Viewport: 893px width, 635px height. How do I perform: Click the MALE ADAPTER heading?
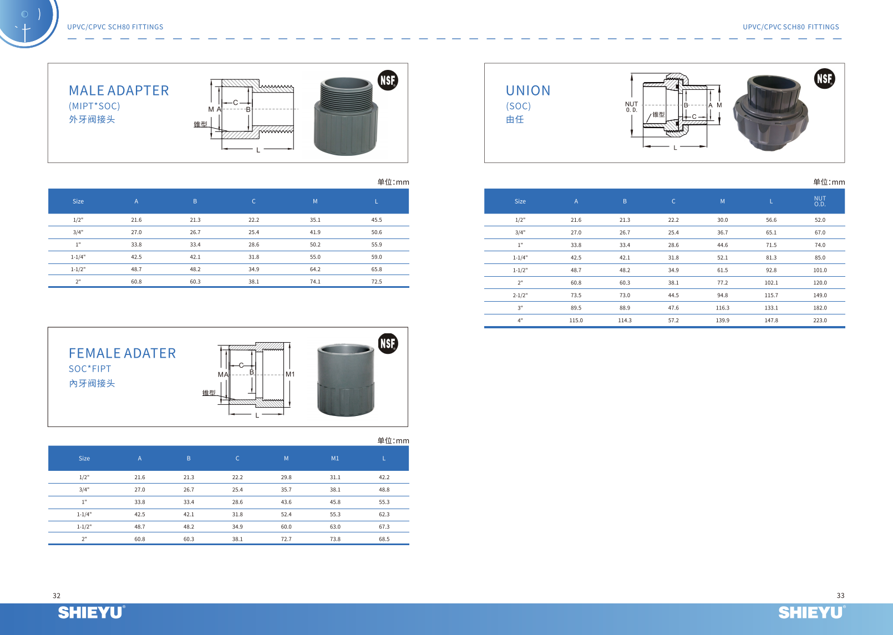[x=119, y=90]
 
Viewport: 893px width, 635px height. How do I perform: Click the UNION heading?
[x=528, y=90]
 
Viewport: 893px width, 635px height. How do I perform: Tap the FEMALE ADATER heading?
[x=122, y=353]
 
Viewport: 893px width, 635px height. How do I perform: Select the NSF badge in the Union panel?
[x=824, y=79]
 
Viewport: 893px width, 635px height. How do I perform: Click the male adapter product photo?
[x=346, y=116]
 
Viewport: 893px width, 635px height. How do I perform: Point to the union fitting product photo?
[x=770, y=113]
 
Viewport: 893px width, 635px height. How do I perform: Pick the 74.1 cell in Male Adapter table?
[x=315, y=282]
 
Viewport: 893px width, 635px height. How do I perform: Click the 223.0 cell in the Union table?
[x=820, y=321]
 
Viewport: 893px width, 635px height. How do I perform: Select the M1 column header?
[x=335, y=459]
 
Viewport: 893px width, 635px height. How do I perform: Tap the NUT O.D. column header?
[x=820, y=201]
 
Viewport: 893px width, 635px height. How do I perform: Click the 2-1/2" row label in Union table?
[x=520, y=296]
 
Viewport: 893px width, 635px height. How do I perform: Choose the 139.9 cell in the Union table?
[x=722, y=321]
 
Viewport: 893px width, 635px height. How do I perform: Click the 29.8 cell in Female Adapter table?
[x=286, y=477]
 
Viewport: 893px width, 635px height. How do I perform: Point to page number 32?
[x=57, y=596]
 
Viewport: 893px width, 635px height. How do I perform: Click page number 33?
[x=840, y=596]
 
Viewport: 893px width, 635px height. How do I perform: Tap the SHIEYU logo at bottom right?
[x=811, y=612]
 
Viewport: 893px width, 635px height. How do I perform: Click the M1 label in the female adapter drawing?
[x=290, y=374]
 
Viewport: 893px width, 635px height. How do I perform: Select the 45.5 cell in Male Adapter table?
[x=377, y=220]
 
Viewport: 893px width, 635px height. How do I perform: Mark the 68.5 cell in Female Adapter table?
[x=384, y=539]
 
